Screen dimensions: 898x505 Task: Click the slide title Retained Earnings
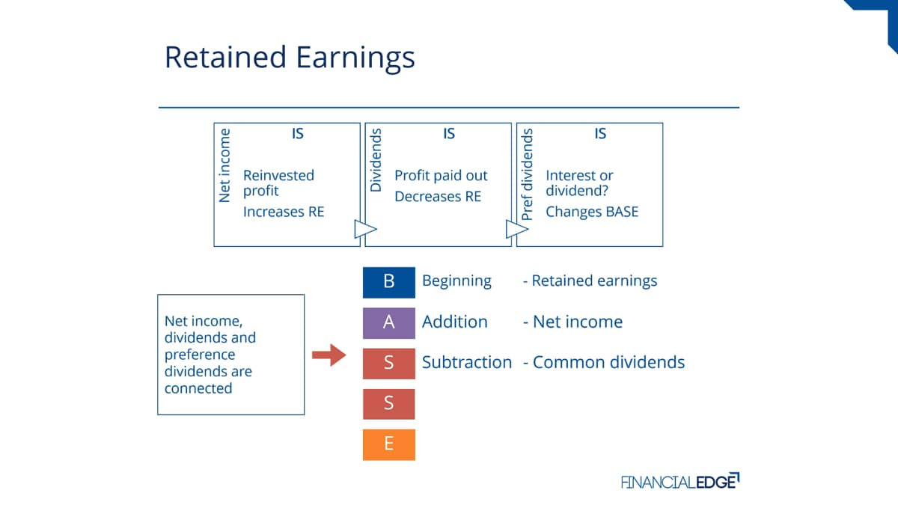pos(290,58)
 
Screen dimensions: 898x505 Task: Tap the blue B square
pos(389,283)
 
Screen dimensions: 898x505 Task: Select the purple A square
pos(389,323)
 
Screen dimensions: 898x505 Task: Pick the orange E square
pos(389,445)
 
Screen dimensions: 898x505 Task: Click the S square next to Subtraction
pos(389,364)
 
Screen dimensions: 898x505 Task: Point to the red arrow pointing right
pos(329,355)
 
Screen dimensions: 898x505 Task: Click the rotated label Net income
pos(224,165)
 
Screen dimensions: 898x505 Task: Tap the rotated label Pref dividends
pos(527,174)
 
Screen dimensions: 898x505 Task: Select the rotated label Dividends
pos(376,160)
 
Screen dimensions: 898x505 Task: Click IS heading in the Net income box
pos(298,133)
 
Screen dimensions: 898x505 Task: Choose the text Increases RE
pos(284,212)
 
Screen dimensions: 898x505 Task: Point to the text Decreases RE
pos(438,196)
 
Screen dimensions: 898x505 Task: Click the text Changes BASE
pos(592,212)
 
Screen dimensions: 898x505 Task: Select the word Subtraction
pos(467,362)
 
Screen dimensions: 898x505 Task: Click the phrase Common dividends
pos(608,362)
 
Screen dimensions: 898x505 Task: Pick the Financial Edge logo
pos(680,481)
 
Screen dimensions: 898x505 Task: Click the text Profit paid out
pos(441,176)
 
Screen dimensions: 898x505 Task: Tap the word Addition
pos(455,322)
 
